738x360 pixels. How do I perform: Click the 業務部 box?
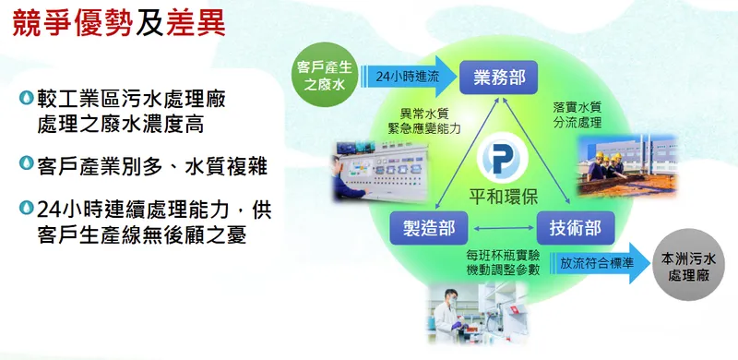click(x=499, y=77)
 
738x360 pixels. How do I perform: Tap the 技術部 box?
click(x=576, y=226)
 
